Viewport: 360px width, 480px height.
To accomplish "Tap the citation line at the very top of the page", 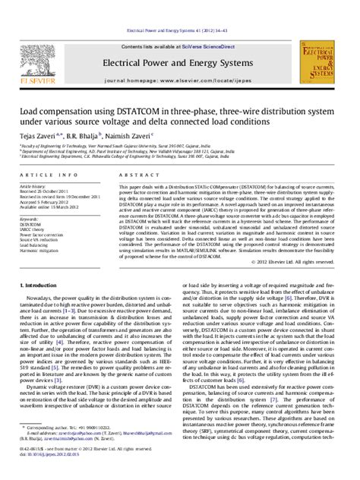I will [179, 9].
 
